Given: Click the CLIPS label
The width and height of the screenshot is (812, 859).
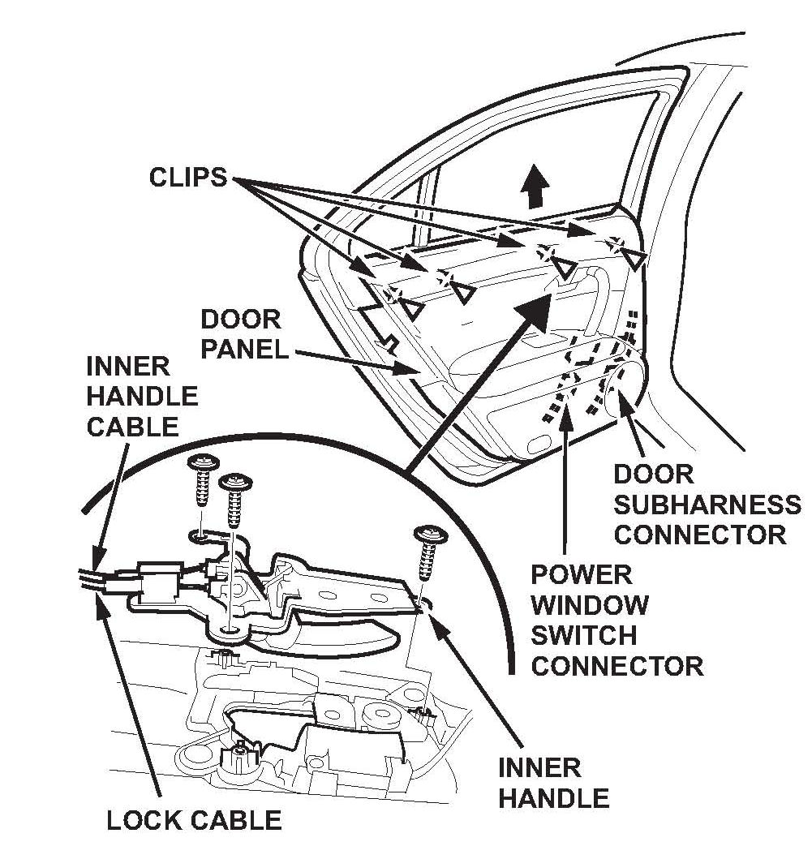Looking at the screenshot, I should [188, 177].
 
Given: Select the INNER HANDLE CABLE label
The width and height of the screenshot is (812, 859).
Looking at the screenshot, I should [142, 397].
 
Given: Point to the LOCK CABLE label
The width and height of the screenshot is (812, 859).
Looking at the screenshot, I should [194, 820].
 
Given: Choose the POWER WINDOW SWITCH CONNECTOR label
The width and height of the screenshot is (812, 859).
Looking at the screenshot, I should [617, 621].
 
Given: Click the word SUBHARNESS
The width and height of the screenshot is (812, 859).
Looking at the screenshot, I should [707, 505].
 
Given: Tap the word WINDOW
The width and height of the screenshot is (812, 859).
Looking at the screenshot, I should [589, 605].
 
